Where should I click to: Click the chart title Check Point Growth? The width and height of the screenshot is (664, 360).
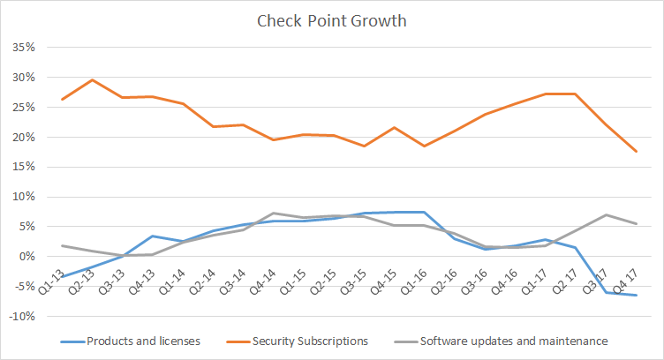pyautogui.click(x=331, y=19)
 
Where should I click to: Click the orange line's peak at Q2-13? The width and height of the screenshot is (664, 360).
pyautogui.click(x=92, y=79)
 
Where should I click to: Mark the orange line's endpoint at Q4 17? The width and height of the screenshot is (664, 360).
pyautogui.click(x=637, y=152)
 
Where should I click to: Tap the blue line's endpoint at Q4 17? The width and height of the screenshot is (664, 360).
pyautogui.click(x=637, y=295)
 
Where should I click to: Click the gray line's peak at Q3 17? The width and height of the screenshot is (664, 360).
pyautogui.click(x=607, y=214)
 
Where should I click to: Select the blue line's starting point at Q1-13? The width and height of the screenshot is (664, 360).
pyautogui.click(x=62, y=277)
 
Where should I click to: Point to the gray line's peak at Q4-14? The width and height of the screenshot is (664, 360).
pyautogui.click(x=274, y=213)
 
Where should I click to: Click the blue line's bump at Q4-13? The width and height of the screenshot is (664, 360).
pyautogui.click(x=153, y=236)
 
